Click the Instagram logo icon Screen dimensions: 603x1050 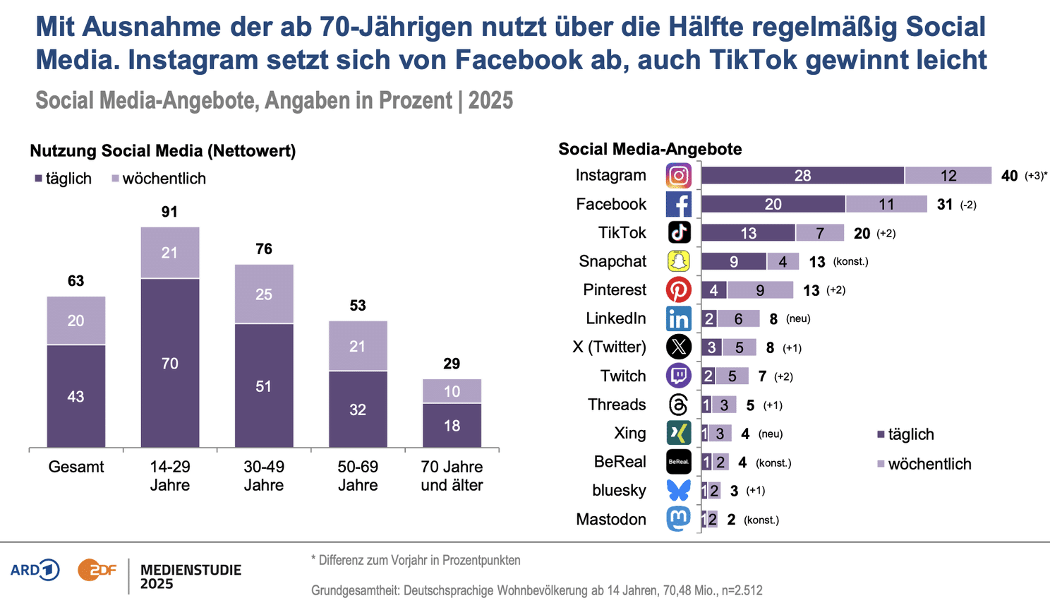click(679, 176)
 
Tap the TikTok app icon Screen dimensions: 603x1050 click(679, 232)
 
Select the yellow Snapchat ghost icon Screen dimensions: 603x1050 click(679, 261)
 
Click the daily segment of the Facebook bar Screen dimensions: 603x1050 click(773, 204)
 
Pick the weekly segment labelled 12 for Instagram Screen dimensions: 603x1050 click(948, 176)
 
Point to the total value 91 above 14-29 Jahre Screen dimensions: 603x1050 click(169, 212)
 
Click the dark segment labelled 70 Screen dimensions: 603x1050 click(170, 363)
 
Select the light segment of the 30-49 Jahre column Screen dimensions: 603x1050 click(264, 294)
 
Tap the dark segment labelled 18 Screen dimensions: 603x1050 click(452, 425)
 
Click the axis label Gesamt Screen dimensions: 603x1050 click(76, 467)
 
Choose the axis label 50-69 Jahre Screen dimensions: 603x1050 click(358, 476)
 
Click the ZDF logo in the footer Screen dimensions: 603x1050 click(97, 570)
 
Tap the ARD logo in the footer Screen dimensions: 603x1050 click(35, 570)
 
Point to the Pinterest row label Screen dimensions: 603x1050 click(615, 290)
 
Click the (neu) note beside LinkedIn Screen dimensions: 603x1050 click(798, 319)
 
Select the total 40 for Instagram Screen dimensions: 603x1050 click(1009, 176)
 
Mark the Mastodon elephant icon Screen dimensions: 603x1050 click(679, 519)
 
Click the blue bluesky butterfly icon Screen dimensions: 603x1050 click(679, 490)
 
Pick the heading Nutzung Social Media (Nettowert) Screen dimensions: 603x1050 click(163, 150)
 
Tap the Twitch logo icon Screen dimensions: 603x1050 click(679, 376)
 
